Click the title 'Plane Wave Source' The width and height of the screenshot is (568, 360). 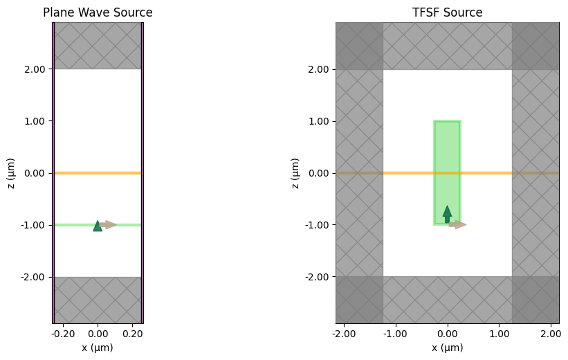[98, 12]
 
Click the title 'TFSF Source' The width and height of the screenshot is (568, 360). [447, 12]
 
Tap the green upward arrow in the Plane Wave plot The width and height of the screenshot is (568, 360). [98, 226]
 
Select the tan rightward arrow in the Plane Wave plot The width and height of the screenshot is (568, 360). [109, 224]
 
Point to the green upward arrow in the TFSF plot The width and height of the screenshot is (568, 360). [447, 214]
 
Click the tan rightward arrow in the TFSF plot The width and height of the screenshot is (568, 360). [457, 224]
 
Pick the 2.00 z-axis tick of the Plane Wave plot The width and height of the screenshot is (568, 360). [35, 69]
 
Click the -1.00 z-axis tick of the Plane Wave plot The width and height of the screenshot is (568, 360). [33, 225]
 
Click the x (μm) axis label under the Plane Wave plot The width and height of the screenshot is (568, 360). [98, 348]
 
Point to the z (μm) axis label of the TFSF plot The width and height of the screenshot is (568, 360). [295, 173]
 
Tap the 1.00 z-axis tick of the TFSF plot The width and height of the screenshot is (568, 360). [317, 121]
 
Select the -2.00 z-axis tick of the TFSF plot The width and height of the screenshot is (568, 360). [315, 277]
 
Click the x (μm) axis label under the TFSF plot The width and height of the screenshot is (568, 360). [447, 348]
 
